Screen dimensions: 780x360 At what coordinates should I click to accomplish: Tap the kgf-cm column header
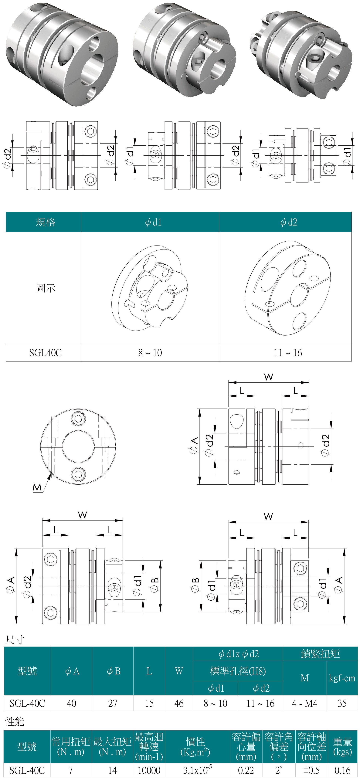pos(342,678)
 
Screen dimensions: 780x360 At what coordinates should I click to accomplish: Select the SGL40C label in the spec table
pos(45,353)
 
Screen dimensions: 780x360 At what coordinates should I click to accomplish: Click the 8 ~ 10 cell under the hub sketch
pos(150,353)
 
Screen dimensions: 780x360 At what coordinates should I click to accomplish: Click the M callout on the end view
pos(37,487)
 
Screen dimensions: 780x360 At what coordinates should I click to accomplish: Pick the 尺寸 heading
pos(15,640)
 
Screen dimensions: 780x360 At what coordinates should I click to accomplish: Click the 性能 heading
pos(15,722)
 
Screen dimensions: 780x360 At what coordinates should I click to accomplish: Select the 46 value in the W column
pos(179,703)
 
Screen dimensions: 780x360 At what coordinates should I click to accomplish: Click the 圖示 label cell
pos(45,288)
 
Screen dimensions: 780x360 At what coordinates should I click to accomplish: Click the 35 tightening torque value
pos(342,703)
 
